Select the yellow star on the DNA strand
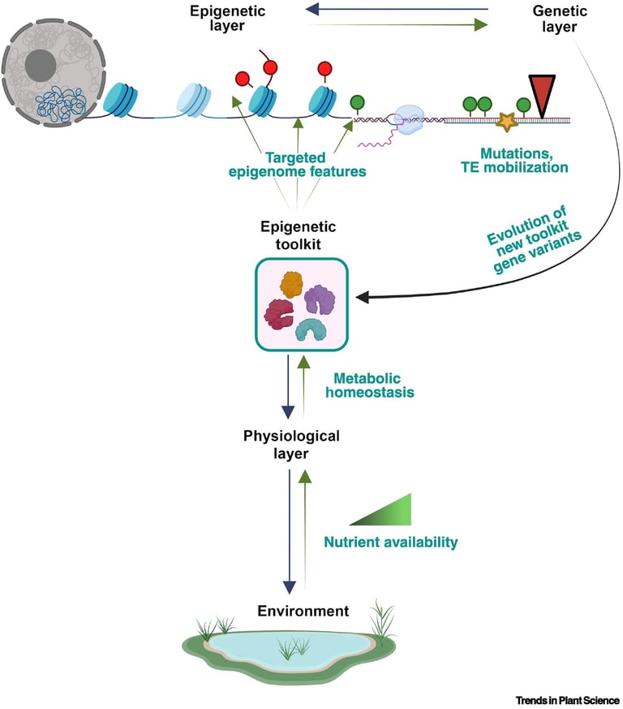(x=508, y=122)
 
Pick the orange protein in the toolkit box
(x=292, y=284)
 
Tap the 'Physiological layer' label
(x=292, y=445)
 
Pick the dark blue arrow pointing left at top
(x=397, y=10)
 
